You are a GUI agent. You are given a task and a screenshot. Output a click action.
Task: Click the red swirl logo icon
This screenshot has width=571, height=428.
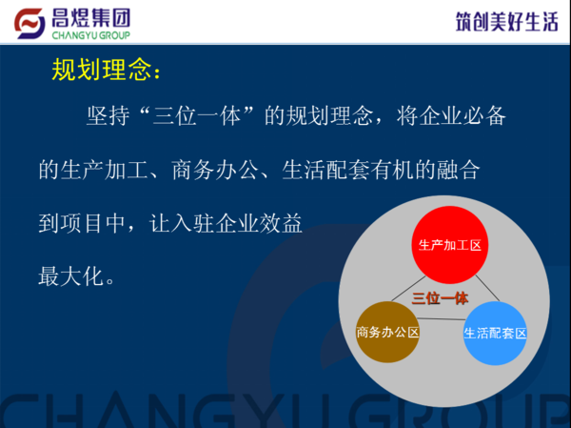point(30,23)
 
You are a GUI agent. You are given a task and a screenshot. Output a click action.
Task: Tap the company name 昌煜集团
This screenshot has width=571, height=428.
point(90,18)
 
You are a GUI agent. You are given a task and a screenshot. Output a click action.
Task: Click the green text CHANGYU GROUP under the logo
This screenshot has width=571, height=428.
point(90,35)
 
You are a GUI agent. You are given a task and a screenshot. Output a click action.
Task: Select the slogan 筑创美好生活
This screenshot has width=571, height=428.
point(506,22)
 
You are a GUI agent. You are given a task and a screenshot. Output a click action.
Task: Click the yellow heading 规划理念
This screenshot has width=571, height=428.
point(102,70)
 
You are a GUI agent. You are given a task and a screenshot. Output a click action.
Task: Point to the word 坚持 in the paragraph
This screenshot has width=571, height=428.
point(108,116)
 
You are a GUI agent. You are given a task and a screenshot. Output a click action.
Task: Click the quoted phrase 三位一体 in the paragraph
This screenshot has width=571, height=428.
point(197,116)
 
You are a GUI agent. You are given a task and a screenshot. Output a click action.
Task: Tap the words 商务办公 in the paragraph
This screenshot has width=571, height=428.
point(215,170)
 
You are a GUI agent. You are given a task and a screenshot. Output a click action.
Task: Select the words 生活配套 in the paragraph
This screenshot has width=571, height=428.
point(325,170)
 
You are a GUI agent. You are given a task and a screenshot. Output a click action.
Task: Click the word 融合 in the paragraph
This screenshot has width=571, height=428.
point(458,170)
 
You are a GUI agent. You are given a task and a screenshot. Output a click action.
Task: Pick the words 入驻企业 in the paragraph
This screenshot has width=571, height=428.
point(214,223)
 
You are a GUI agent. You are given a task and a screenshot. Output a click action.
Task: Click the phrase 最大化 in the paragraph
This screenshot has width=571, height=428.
point(71,276)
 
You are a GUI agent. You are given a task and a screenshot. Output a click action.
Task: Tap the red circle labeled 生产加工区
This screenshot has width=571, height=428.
point(450,245)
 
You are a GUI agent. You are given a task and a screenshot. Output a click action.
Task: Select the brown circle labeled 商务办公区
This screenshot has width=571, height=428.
point(387,332)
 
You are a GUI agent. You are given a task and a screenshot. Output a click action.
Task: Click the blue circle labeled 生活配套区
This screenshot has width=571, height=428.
point(495,333)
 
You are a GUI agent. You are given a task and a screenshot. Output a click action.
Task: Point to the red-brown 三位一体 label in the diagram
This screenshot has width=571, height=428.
point(440,298)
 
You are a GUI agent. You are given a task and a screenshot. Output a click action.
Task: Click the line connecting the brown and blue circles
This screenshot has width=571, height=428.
point(442,319)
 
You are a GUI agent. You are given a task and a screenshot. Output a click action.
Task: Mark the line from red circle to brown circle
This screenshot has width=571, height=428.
point(408,289)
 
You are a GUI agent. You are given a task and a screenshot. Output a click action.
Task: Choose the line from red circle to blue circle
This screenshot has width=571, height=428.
point(487,288)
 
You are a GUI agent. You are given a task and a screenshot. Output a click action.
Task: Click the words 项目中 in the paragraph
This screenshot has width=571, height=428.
point(93,223)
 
